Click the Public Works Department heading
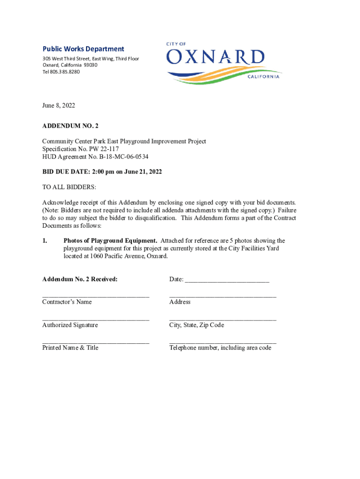[83, 49]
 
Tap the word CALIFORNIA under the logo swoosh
[263, 77]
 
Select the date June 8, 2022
[58, 106]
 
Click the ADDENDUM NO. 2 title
[70, 126]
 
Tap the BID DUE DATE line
[102, 172]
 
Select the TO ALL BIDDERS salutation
[69, 187]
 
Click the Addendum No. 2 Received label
[80, 279]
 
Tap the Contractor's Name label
[67, 302]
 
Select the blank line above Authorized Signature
[96, 319]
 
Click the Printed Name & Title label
[70, 348]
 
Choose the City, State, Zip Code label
[196, 325]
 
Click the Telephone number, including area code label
[220, 348]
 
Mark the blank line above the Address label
[223, 297]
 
